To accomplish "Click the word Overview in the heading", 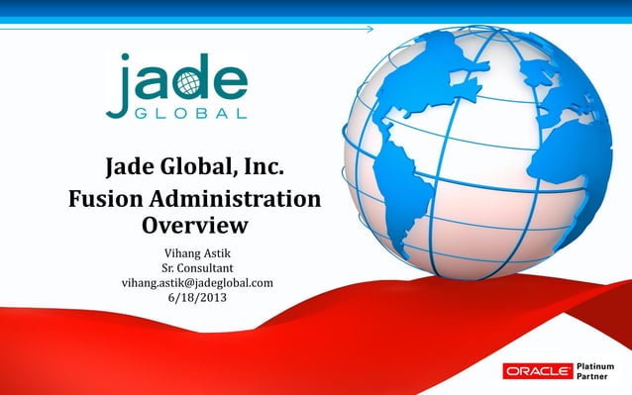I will pos(194,226).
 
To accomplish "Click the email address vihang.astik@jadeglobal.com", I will pos(196,283).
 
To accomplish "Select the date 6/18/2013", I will pos(196,299).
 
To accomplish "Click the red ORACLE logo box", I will pos(536,371).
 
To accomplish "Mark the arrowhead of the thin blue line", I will pos(370,30).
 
